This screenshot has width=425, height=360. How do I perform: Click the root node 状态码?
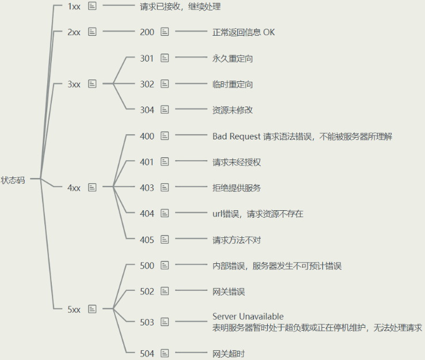pos(13,180)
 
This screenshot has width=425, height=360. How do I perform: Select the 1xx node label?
pos(74,6)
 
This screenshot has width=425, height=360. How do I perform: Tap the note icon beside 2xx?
pos(92,32)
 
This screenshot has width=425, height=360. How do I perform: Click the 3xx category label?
pos(74,84)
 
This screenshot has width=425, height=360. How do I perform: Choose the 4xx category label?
pos(74,188)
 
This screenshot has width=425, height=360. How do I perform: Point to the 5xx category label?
pos(74,309)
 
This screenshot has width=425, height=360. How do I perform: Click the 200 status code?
pos(147,32)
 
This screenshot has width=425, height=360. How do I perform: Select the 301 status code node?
pos(147,58)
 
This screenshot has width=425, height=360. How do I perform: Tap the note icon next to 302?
pos(165,84)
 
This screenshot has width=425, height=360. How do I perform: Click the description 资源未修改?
pos(232,110)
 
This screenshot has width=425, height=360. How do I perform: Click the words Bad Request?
pos(236,137)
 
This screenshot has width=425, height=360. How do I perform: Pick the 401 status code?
pos(147,162)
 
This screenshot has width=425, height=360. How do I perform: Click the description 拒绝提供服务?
pos(236,188)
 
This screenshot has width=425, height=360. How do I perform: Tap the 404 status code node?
pos(147,214)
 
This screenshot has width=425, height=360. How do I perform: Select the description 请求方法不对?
pos(236,240)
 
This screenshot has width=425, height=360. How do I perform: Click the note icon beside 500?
pos(165,266)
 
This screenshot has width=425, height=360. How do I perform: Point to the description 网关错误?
pos(228,291)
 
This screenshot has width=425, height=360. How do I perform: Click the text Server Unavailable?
pos(248,316)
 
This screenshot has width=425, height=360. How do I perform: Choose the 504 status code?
pos(147,353)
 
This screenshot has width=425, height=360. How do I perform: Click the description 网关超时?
pos(228,353)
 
